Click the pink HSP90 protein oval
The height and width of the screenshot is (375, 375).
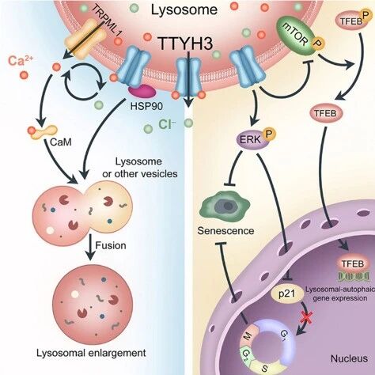click(142, 91)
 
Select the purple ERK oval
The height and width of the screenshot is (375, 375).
click(251, 140)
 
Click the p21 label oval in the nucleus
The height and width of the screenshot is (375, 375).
click(287, 294)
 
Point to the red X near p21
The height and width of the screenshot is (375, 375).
click(306, 316)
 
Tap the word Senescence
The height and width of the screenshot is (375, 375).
click(225, 231)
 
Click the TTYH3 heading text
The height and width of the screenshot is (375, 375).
click(185, 44)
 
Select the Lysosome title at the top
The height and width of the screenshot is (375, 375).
click(184, 9)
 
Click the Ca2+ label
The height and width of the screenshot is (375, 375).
click(21, 60)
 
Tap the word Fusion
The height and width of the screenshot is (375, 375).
click(111, 245)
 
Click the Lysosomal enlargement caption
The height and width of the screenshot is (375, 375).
click(91, 353)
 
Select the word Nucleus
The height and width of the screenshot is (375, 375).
click(349, 358)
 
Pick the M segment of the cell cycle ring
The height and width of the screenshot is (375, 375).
click(249, 337)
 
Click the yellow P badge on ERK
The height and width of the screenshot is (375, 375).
click(270, 134)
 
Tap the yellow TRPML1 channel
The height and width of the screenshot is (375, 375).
click(85, 39)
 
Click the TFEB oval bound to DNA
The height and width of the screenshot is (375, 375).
click(353, 264)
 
